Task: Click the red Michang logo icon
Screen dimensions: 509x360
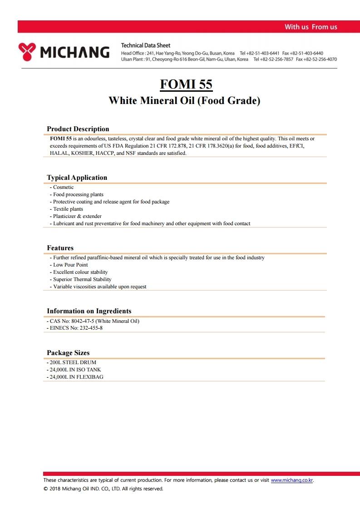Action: [x=27, y=52]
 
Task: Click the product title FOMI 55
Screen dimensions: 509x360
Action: [x=186, y=84]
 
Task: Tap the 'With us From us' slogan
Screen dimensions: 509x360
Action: [x=311, y=27]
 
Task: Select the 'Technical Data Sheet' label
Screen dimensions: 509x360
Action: [x=146, y=45]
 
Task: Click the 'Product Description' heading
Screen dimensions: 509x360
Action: [x=78, y=129]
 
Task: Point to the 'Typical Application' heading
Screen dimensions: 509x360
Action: [x=77, y=178]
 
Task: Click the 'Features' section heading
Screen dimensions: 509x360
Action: [x=60, y=248]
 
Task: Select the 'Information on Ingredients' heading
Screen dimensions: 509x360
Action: [x=89, y=311]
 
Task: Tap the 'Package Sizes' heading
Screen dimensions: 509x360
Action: [x=68, y=353]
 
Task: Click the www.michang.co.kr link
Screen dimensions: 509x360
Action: [x=292, y=480]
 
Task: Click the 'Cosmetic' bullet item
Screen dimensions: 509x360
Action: [x=63, y=187]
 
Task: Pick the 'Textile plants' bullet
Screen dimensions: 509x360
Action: [x=68, y=209]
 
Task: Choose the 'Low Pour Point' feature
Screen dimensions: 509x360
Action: [x=70, y=265]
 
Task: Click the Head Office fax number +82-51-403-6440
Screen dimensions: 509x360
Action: [x=308, y=53]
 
